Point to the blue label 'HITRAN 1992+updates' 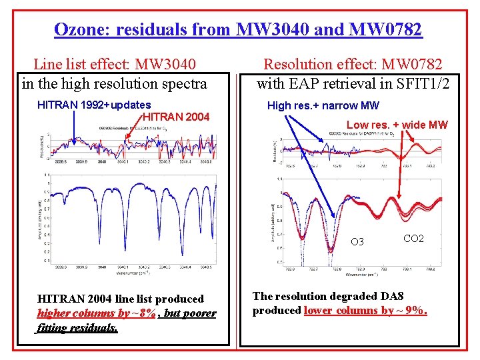[x=94, y=105]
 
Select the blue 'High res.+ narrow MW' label [x=323, y=105]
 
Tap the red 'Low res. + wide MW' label [x=397, y=125]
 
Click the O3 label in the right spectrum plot [x=357, y=242]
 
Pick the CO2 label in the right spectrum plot [x=413, y=238]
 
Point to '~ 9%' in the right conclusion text [x=411, y=311]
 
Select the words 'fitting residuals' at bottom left [x=77, y=327]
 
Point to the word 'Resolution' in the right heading [x=298, y=65]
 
